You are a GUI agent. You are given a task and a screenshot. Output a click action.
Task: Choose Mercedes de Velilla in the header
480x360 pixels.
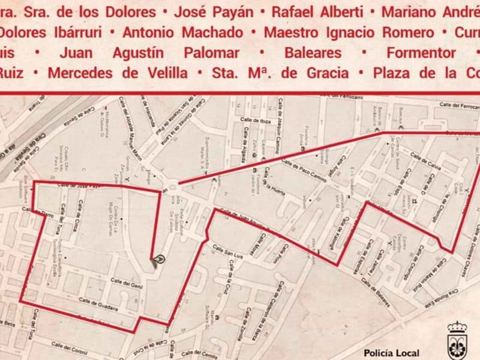123,73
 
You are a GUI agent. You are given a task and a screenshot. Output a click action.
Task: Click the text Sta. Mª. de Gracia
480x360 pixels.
280,73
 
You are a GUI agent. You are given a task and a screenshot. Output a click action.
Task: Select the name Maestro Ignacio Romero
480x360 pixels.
348,32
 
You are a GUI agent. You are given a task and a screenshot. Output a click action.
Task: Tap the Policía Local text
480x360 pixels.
391,353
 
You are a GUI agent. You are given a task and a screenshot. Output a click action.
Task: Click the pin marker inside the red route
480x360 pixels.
158,260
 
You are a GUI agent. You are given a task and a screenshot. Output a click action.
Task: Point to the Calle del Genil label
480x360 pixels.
125,283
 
